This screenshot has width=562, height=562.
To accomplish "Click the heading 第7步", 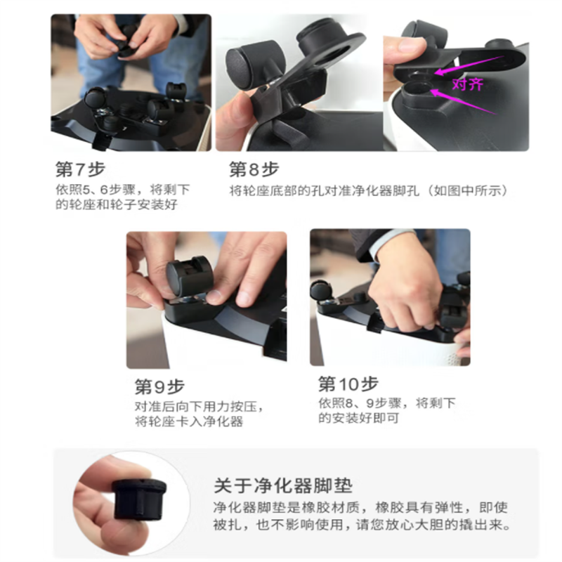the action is click(x=80, y=169).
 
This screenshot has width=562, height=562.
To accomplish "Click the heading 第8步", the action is click(x=254, y=169).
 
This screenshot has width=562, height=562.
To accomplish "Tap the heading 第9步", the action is click(x=159, y=387).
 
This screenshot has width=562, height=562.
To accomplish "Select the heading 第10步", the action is click(x=348, y=384).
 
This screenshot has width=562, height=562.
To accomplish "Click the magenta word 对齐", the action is click(x=468, y=84).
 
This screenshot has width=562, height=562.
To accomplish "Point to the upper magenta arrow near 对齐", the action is click(x=470, y=65).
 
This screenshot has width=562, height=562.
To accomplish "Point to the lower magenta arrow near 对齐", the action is click(x=462, y=102).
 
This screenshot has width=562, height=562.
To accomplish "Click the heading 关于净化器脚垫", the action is click(x=283, y=486).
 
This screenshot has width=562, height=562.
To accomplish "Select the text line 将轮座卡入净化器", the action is click(x=189, y=421).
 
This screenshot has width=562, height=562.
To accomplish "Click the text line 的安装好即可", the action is click(x=359, y=418).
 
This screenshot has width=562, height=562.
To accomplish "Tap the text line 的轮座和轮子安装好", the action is click(x=117, y=204).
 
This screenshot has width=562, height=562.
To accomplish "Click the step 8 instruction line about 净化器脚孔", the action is click(x=368, y=190).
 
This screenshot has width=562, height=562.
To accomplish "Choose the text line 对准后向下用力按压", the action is click(x=200, y=407).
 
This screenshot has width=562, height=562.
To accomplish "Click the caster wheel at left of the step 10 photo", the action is click(x=322, y=289).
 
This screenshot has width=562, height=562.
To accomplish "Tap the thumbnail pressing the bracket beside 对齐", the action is click(x=409, y=46).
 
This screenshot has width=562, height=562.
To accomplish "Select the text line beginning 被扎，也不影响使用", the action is click(x=362, y=525).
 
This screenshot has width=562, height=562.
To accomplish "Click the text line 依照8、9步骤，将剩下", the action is click(x=387, y=403).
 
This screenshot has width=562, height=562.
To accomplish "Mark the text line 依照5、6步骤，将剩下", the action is click(x=122, y=190).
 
